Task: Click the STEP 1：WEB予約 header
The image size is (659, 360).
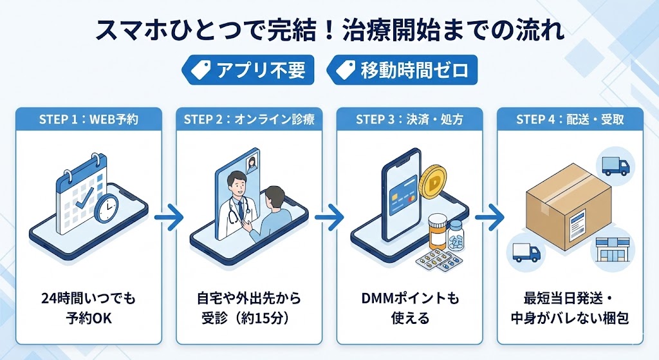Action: (x=88, y=119)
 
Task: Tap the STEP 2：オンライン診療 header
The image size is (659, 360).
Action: (x=249, y=119)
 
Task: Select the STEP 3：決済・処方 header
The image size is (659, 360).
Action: (x=409, y=119)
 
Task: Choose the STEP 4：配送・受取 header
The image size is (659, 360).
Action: (x=570, y=119)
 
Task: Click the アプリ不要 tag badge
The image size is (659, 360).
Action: (x=248, y=70)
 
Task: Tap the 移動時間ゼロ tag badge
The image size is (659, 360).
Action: (x=402, y=70)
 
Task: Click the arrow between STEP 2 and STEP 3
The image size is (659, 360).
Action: (x=329, y=217)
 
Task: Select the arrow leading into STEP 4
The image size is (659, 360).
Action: (x=490, y=217)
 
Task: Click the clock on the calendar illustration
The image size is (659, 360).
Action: (x=106, y=209)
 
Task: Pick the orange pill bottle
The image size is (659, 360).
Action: (x=438, y=231)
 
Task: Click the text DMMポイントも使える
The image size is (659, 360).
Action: (x=409, y=308)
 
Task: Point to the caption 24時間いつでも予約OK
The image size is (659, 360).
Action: (x=88, y=308)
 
